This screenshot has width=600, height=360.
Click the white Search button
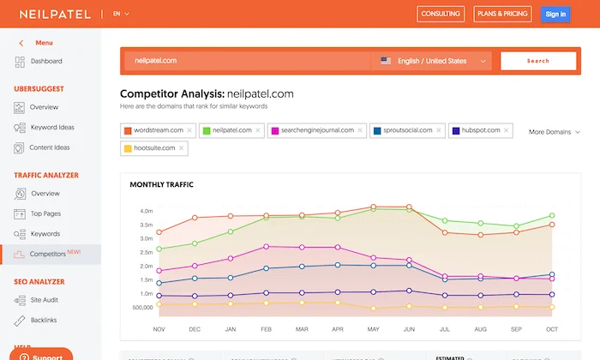537,61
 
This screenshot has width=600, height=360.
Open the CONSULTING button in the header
440,14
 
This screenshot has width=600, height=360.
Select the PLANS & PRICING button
502,14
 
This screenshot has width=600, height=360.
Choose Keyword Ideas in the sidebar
52,128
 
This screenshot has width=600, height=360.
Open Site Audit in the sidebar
45,300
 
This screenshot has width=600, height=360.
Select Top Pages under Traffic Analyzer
45,213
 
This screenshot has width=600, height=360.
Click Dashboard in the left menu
45,62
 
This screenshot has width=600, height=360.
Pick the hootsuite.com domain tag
155,148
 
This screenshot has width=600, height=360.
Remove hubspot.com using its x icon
507,130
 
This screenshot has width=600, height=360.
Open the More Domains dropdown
554,132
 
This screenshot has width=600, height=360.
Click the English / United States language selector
433,61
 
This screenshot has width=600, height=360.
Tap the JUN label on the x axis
409,328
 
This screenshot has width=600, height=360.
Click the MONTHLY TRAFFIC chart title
161,184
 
